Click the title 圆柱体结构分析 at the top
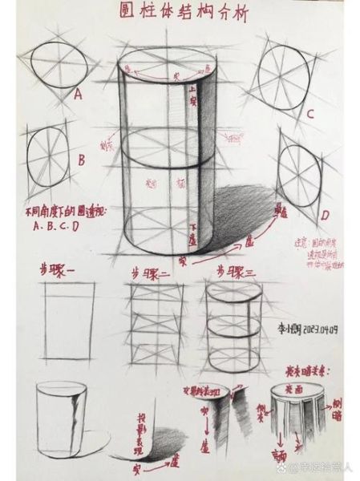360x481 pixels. click(181, 14)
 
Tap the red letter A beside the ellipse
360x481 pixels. click(79, 95)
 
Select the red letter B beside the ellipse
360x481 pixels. click(81, 159)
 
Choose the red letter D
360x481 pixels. click(325, 215)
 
